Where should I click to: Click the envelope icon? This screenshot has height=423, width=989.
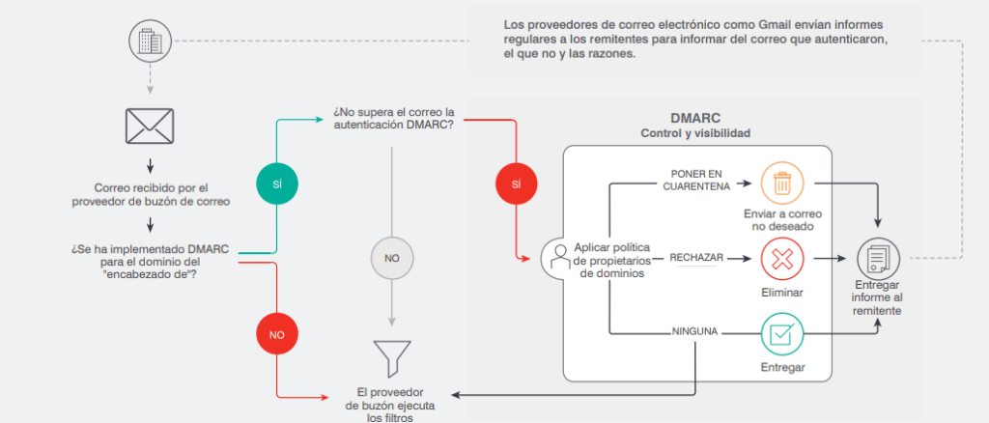[150, 125]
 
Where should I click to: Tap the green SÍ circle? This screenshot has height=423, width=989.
[278, 182]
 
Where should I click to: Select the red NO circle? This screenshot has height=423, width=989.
[277, 334]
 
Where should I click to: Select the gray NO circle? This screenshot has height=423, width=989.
[391, 259]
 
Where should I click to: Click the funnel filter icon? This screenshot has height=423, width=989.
[391, 357]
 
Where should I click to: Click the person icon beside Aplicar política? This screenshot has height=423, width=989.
[555, 258]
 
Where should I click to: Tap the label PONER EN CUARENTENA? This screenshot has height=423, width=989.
[696, 180]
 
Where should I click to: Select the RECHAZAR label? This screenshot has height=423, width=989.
[694, 258]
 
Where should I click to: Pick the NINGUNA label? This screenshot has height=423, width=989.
[694, 333]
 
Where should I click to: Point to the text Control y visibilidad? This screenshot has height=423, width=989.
[695, 133]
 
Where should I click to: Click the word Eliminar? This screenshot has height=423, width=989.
[781, 291]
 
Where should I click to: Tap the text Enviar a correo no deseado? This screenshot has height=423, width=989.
[781, 218]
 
